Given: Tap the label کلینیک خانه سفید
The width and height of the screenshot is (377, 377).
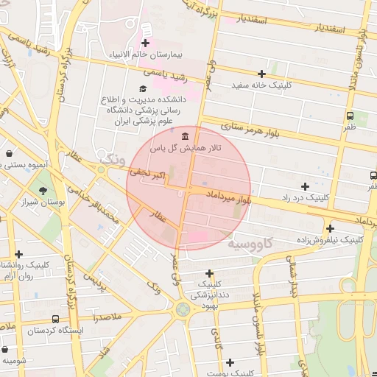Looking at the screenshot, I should [x=261, y=85].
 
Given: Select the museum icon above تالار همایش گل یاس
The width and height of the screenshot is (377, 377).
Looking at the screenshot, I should [x=183, y=137].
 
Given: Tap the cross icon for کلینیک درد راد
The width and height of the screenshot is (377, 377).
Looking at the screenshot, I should [x=305, y=186].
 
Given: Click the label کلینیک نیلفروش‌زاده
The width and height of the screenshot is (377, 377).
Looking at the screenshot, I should [x=329, y=240].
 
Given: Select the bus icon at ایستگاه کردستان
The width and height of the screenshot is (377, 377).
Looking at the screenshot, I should [x=56, y=319].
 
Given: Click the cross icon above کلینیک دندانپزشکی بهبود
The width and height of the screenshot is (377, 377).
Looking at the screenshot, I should [x=209, y=272].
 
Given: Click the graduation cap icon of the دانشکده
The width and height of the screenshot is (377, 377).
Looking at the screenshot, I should [x=142, y=89].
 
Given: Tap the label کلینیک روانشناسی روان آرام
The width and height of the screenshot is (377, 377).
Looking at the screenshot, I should [x=22, y=270].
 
